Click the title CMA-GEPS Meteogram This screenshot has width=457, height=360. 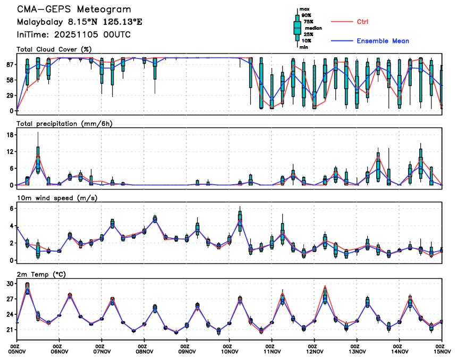pos(73,10)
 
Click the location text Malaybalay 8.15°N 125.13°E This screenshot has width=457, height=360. pos(79,22)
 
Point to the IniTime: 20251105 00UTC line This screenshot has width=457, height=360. pos(73,35)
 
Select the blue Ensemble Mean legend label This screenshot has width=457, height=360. pos(383,41)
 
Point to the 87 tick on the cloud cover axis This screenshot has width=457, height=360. pos(9,65)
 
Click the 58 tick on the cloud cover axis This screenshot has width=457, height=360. pos(9,80)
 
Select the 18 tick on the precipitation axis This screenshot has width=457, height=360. pos(9,135)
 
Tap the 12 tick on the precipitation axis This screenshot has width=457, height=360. pos(9,152)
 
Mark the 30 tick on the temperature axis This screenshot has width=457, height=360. pos(9,284)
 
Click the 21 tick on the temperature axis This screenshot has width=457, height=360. pos(9,330)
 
